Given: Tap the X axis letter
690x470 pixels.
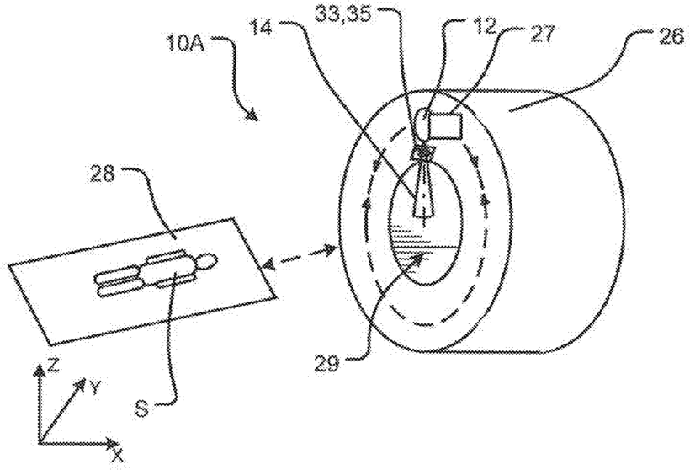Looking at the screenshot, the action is point(118,456).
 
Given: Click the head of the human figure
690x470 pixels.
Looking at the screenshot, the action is point(202,262).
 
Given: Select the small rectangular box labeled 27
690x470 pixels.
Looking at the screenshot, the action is point(445,127).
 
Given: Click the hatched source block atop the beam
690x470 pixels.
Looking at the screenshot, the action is point(422,152).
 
